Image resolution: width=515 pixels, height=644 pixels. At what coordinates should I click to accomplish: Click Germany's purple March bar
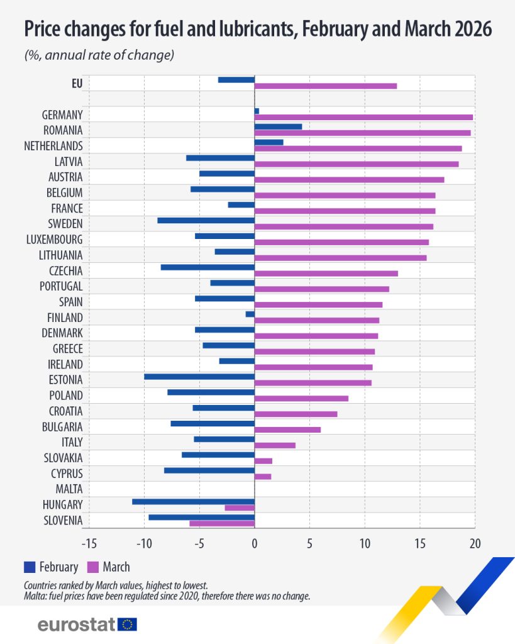tap(363, 117)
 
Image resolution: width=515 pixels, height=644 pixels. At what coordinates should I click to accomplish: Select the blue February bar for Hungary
tap(193, 501)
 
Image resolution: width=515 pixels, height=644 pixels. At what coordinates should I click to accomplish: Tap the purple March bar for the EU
tap(325, 86)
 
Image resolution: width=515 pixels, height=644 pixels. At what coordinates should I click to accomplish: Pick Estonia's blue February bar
tap(199, 377)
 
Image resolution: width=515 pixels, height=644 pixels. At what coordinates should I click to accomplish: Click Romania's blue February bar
tap(278, 126)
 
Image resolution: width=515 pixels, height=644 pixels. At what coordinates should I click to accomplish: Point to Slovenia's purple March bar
tap(222, 523)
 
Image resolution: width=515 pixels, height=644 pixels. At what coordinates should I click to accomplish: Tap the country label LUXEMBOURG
tap(55, 240)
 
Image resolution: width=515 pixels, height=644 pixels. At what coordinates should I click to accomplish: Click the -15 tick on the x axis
tap(89, 543)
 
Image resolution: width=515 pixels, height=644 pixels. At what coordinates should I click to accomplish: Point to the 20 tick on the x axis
tap(475, 543)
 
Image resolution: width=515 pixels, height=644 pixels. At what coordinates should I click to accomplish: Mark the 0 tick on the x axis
tap(255, 543)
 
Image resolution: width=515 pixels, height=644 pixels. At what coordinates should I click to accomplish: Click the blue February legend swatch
tap(30, 567)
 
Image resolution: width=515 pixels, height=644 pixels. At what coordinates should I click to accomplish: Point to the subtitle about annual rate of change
tap(99, 55)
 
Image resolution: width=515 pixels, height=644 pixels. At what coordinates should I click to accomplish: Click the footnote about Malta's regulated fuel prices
tap(167, 596)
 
